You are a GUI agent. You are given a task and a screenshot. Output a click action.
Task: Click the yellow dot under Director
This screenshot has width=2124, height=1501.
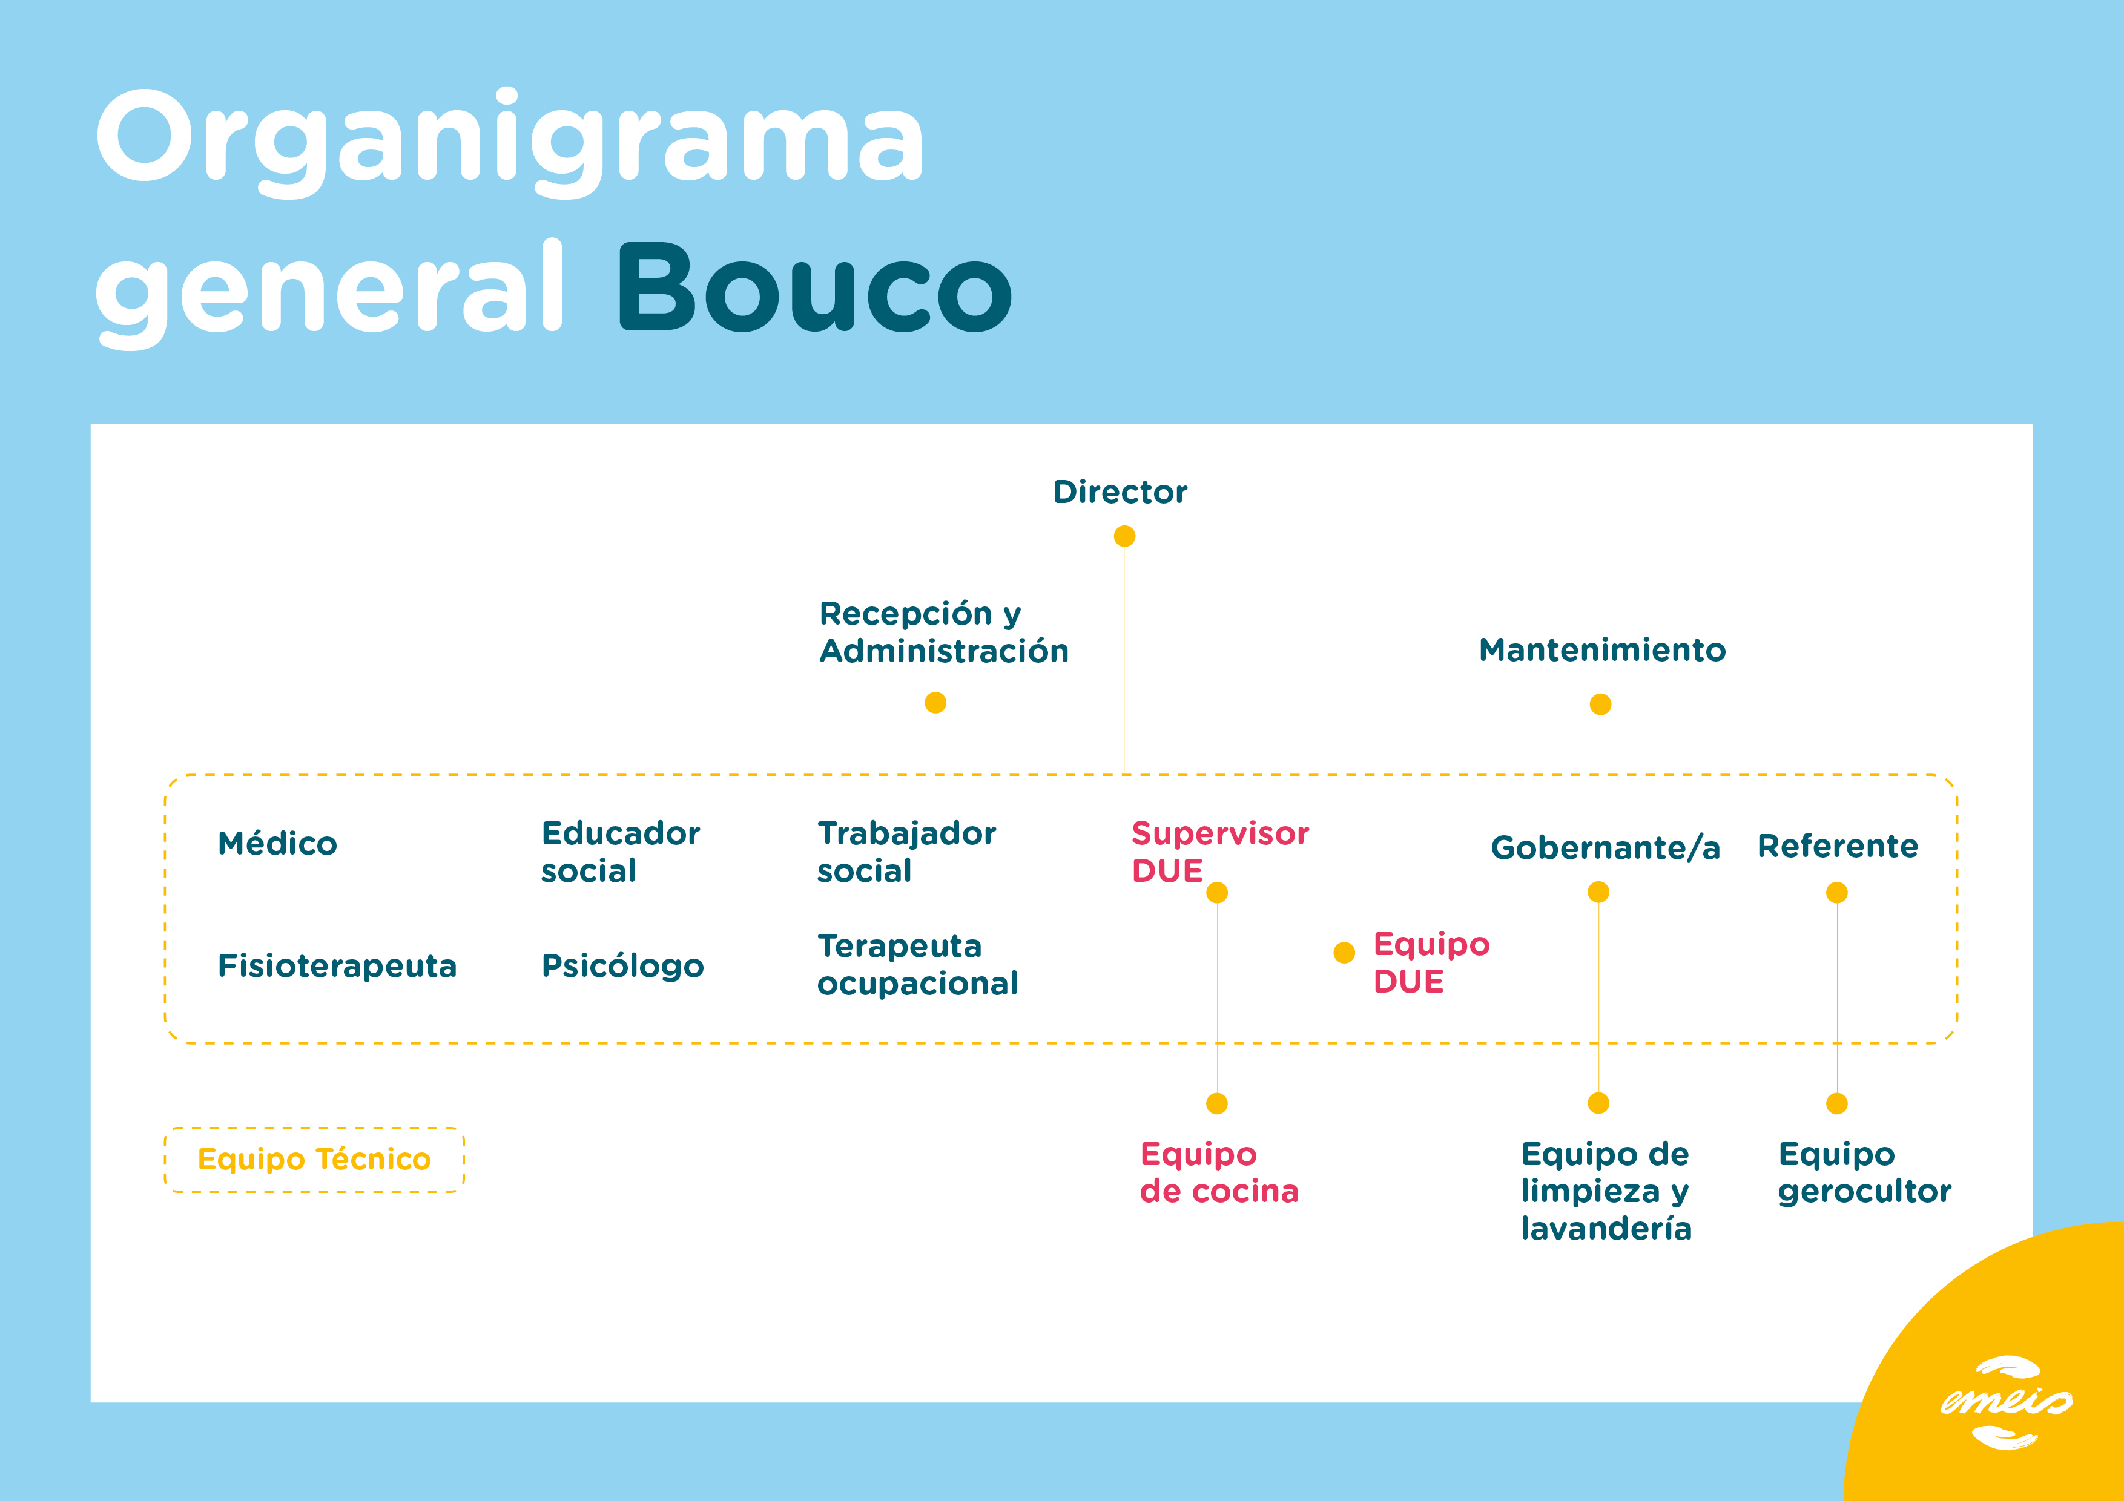1124,536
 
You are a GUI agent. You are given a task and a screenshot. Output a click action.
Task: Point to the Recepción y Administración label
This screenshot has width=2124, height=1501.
943,632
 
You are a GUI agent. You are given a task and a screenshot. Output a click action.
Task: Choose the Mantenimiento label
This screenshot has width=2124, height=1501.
1602,650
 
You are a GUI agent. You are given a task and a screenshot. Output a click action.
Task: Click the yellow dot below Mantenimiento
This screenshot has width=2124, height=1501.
1600,705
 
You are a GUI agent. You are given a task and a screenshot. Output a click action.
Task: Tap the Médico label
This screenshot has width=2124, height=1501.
277,844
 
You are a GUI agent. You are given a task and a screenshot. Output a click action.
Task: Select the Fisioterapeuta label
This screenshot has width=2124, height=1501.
337,965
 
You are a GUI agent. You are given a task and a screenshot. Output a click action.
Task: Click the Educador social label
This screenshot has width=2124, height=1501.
621,852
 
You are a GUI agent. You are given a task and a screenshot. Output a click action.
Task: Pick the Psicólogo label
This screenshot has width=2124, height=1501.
622,965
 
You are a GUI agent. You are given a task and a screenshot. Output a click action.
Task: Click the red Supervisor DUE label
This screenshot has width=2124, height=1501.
1219,852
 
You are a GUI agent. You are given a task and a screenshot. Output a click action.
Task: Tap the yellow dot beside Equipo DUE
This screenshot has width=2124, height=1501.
1344,953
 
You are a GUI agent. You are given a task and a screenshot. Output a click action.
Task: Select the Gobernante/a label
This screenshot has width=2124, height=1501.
1605,847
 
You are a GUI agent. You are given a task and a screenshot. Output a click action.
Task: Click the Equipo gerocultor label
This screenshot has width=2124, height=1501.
1864,1173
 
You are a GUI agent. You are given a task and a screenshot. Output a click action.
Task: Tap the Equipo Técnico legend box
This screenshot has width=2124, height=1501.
314,1160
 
